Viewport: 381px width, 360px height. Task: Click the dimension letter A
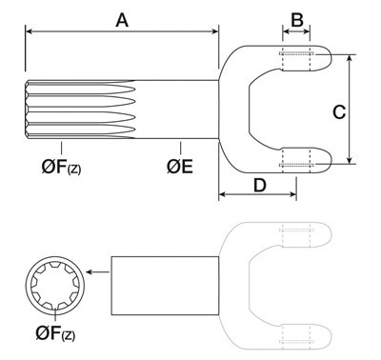(x=122, y=21)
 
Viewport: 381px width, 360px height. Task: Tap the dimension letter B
(x=297, y=20)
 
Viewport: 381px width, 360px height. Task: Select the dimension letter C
(x=339, y=112)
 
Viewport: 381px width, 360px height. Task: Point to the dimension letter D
(x=260, y=185)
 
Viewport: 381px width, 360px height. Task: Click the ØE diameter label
(x=180, y=167)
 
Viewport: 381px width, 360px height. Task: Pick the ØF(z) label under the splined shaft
(x=61, y=167)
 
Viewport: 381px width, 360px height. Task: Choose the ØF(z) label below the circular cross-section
(x=55, y=333)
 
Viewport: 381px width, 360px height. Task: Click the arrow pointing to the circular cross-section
(x=97, y=271)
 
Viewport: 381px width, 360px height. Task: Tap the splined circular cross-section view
(x=55, y=286)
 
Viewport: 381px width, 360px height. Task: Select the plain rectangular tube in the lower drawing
(x=165, y=286)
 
